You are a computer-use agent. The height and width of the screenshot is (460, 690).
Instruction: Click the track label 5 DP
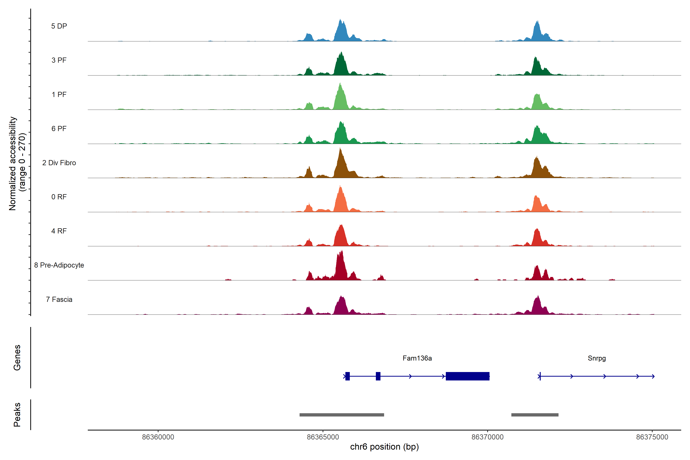coord(59,26)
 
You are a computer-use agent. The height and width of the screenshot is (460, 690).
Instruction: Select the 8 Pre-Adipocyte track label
coord(59,265)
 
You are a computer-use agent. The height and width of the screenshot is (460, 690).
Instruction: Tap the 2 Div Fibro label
coord(59,163)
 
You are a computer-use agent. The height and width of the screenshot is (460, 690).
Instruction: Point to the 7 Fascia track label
coord(59,300)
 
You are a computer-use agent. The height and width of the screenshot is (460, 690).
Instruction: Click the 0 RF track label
coord(59,197)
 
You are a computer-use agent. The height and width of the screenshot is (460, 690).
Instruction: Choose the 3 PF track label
coord(59,60)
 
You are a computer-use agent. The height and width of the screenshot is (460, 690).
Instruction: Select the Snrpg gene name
coord(596,358)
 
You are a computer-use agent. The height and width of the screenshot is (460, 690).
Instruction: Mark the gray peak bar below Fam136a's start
coord(342,415)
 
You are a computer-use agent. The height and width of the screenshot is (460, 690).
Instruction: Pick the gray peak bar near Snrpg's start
coord(535,415)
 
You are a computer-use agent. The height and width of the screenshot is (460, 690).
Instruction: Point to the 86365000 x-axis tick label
coord(323,437)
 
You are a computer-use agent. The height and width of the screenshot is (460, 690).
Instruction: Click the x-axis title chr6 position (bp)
coord(384,447)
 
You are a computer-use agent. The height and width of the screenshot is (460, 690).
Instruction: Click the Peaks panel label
coord(17,415)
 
